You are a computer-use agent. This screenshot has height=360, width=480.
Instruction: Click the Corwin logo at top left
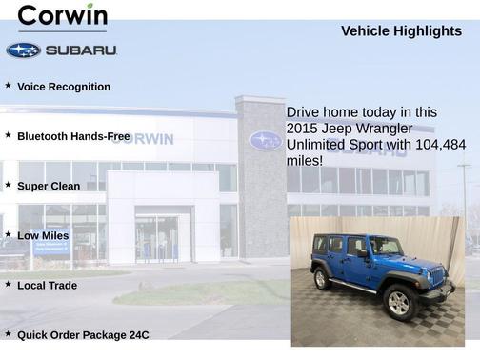coord(63,16)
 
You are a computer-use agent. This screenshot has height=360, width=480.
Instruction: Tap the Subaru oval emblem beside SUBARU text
coord(23,50)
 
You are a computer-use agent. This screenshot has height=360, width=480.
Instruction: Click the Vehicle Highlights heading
coord(401,31)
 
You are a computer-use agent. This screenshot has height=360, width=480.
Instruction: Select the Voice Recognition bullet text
coord(64,87)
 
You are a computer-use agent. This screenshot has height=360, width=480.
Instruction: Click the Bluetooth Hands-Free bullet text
coord(73,136)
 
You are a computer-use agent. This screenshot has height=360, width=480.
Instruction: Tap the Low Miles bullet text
coord(43,235)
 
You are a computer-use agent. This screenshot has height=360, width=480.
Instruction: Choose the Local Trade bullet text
coord(47,285)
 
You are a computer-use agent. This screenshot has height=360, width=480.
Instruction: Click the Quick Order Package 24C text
coord(83,334)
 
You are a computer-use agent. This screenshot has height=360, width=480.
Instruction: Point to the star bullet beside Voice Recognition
coord(8,86)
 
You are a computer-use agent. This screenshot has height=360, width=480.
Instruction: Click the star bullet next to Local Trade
coord(8,284)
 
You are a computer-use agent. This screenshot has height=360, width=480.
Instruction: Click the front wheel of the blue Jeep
coord(399,302)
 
